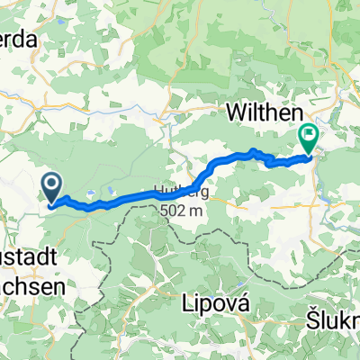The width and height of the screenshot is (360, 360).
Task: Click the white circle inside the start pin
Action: click(52, 185)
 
